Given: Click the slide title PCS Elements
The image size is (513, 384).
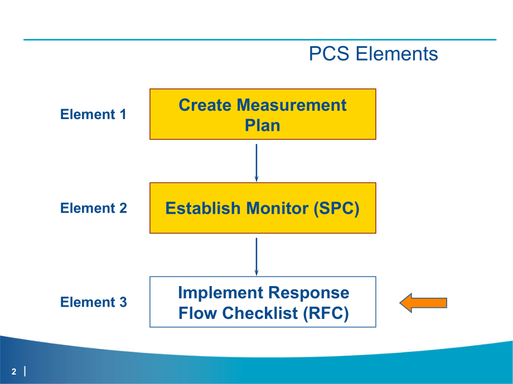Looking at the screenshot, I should pos(373,54).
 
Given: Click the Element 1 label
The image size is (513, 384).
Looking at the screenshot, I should pos(93,115).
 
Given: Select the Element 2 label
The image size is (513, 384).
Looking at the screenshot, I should pos(93,208).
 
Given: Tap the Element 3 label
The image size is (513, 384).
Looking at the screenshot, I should pos(93,302).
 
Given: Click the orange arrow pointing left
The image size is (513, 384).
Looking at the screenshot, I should pos(423,303).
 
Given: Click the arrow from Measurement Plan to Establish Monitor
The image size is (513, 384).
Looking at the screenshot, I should pos(256,162).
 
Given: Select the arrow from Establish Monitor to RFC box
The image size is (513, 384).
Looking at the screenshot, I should pos(256,256).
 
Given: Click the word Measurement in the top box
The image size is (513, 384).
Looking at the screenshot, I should pos(292,105).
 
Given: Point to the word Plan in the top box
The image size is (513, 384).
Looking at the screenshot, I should pos(262,125).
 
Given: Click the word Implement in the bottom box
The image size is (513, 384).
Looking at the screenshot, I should pos(221,293).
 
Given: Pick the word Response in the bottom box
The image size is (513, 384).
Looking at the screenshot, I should pos(309,293).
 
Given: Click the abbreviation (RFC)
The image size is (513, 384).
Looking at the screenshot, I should pos(326,313).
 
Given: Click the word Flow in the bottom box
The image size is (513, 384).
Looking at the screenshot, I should pos(198,313).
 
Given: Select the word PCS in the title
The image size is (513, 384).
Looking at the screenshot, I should pos(330,54).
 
